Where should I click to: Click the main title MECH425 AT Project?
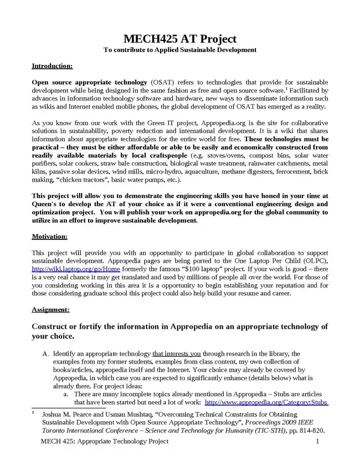[x=180, y=39]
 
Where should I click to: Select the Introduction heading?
[x=52, y=66]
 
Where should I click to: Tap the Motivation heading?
[x=49, y=237]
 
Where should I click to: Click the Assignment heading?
[x=50, y=309]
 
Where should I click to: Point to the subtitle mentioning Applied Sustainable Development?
[x=180, y=50]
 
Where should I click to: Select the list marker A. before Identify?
[x=46, y=354]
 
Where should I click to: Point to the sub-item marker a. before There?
[x=65, y=393]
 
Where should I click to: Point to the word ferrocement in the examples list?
[x=292, y=172]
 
